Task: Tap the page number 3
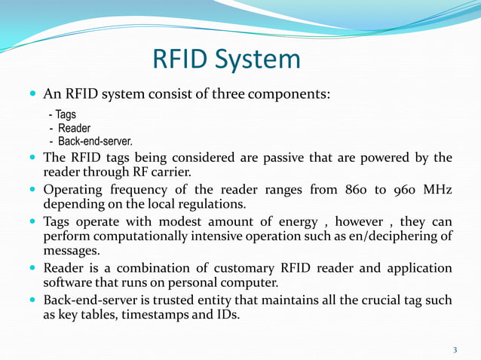(x=455, y=349)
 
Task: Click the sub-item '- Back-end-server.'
(x=90, y=141)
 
